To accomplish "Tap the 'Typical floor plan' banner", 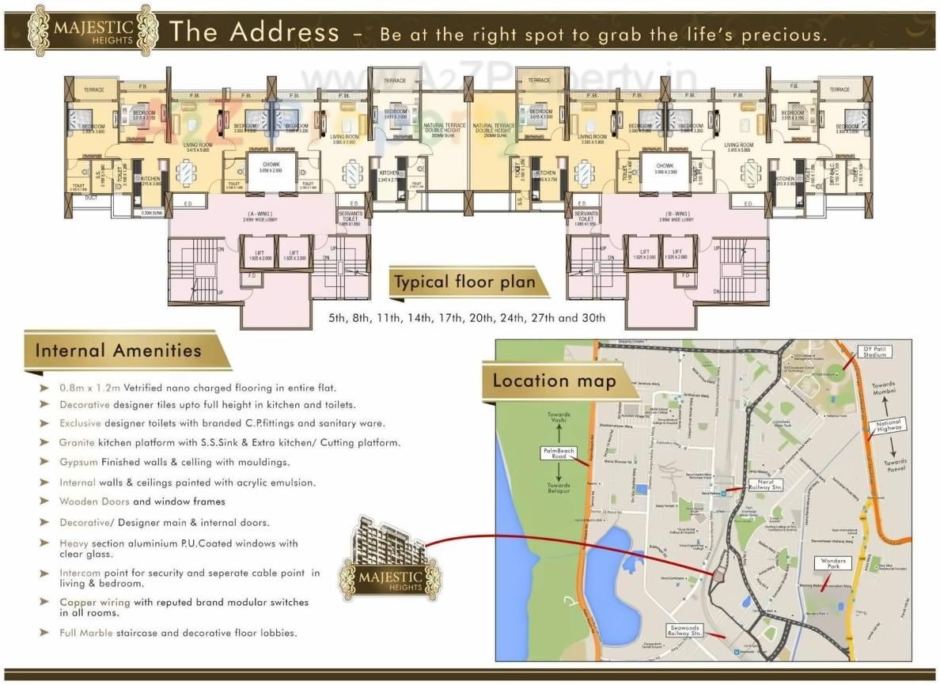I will (x=464, y=282).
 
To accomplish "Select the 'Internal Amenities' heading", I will (x=118, y=350).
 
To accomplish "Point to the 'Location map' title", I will (x=554, y=380).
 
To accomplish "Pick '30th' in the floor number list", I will (x=593, y=318).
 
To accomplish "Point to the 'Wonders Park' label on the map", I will (x=833, y=564).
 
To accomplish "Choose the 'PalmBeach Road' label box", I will (x=559, y=454).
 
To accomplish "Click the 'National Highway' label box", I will (x=888, y=427).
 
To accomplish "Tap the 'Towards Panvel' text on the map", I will (x=895, y=465).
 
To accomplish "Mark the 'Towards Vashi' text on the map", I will (x=559, y=418).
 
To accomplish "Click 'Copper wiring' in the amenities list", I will (x=94, y=603).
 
